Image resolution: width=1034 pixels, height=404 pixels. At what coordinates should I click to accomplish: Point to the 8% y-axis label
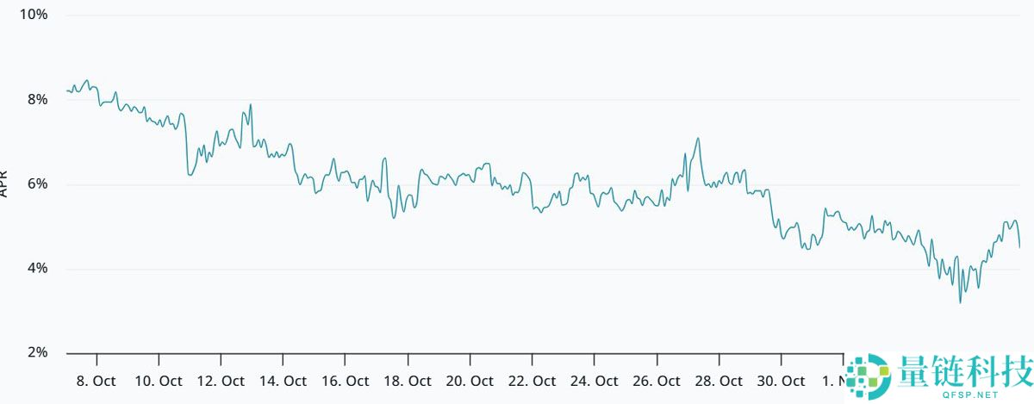pos(37,99)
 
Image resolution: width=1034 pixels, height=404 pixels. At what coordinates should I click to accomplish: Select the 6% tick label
pos(37,183)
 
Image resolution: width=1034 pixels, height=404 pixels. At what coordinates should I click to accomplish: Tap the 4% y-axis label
pos(37,269)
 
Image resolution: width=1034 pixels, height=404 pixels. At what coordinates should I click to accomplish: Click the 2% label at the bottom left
pos(37,353)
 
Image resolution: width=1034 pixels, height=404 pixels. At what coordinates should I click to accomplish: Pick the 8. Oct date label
pos(97,380)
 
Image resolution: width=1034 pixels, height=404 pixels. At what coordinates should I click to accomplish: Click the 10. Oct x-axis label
pos(159,380)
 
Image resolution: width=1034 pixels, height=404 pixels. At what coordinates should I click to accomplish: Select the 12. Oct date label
pos(221,380)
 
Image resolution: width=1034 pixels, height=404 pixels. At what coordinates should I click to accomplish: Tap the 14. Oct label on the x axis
pos(283,380)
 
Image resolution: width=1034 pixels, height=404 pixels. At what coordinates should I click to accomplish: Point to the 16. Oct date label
pos(346,380)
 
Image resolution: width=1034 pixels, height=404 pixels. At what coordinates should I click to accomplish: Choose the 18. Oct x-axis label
pos(408,380)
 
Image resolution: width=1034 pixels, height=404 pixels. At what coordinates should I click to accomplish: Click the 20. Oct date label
pos(470,380)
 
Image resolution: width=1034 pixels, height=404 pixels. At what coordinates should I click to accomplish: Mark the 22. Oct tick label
pos(532,380)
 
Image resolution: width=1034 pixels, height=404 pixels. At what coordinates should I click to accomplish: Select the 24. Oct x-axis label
pos(594,380)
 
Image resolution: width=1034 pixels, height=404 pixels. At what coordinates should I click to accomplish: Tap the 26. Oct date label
pos(657,380)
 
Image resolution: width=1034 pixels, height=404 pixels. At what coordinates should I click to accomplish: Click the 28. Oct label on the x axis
pos(719,380)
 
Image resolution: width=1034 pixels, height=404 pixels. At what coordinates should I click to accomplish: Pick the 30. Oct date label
pos(781,380)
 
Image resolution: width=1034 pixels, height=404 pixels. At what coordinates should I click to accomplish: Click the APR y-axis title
pos(4,183)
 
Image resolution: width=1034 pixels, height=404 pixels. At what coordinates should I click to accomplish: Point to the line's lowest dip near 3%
pos(960,302)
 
